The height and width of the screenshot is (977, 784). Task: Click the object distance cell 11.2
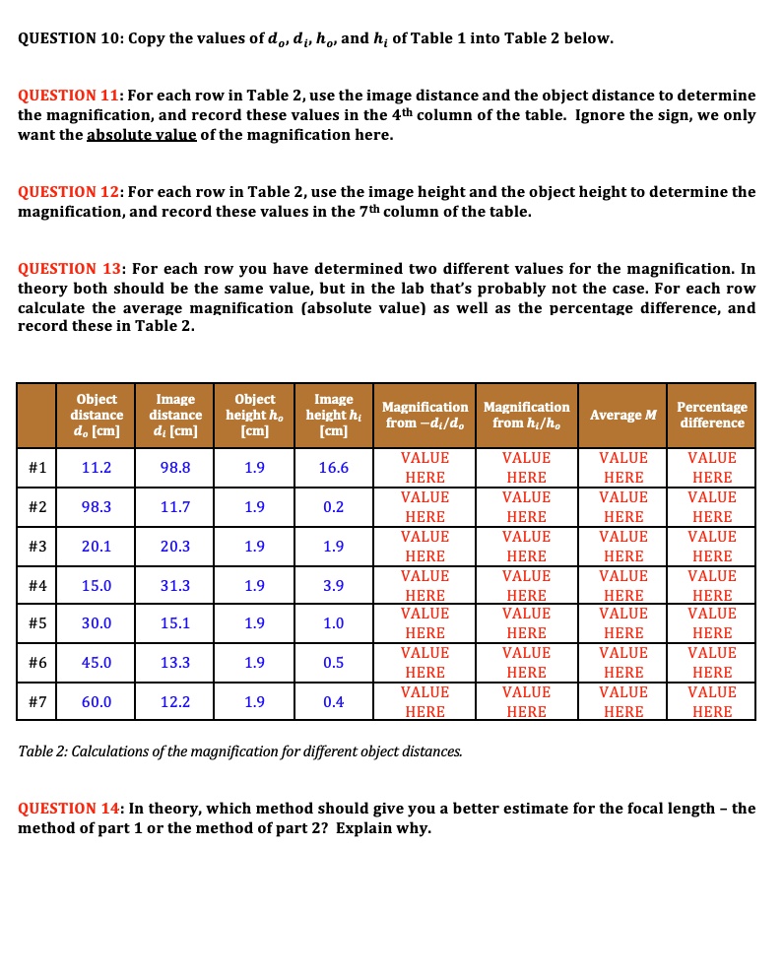[x=97, y=468]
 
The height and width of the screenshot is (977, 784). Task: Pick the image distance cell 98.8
[x=175, y=468]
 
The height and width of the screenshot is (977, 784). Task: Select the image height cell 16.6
[x=333, y=468]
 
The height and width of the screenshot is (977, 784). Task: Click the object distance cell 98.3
[x=97, y=507]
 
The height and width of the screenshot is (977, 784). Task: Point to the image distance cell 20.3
[x=175, y=547]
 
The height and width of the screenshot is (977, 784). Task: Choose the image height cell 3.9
[x=333, y=586]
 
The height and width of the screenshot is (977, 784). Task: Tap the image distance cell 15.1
[x=175, y=623]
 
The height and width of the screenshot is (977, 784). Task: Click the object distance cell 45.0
[x=97, y=663]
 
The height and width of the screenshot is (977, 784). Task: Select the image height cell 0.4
[x=333, y=702]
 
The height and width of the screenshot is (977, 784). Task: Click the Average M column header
[x=623, y=415]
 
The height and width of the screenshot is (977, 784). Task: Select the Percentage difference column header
[x=711, y=415]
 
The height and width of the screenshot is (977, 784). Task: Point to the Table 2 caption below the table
[x=239, y=751]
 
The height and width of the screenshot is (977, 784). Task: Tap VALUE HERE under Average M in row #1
[x=623, y=468]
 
